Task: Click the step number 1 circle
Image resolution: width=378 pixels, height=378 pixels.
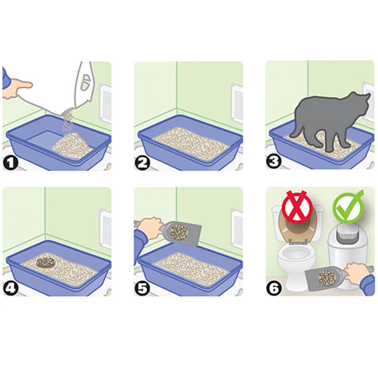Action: click(x=11, y=162)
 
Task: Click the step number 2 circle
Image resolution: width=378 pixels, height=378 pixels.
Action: click(x=142, y=162)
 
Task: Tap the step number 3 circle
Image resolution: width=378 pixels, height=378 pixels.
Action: click(x=273, y=162)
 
